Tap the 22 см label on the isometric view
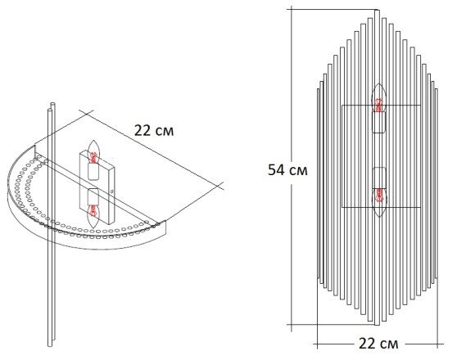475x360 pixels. tap(153, 129)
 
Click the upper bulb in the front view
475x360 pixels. tap(378, 97)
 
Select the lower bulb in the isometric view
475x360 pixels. tap(94, 213)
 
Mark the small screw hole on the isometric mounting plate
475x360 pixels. tap(111, 191)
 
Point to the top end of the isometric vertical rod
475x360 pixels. tap(53, 104)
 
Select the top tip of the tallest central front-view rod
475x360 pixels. tap(378, 11)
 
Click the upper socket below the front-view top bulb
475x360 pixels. tap(378, 122)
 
